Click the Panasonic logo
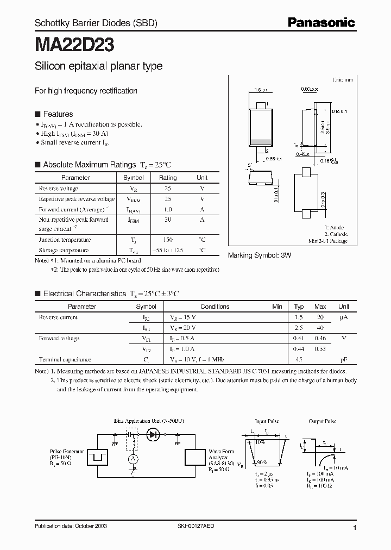321,23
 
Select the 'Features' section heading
58,114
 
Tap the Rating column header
168,178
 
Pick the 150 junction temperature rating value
168,240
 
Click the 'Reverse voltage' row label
59,189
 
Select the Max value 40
320,328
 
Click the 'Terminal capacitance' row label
65,359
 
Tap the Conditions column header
215,307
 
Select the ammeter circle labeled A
131,459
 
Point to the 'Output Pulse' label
323,421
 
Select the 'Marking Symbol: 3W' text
259,255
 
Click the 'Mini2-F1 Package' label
328,241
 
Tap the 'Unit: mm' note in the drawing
342,79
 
